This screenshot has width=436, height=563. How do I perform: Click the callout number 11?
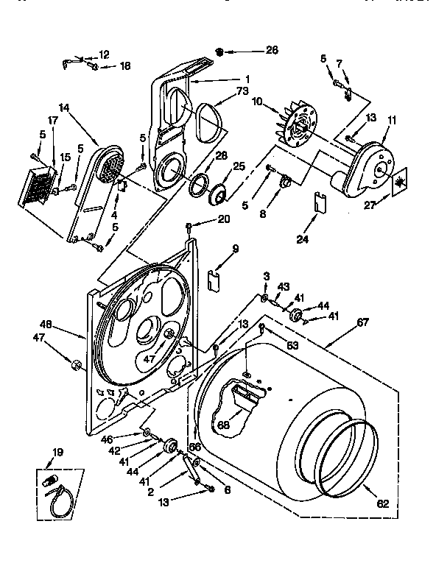391,119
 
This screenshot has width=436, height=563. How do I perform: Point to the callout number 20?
224,219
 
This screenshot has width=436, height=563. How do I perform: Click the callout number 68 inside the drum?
224,425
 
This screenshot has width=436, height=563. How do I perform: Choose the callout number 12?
103,54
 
